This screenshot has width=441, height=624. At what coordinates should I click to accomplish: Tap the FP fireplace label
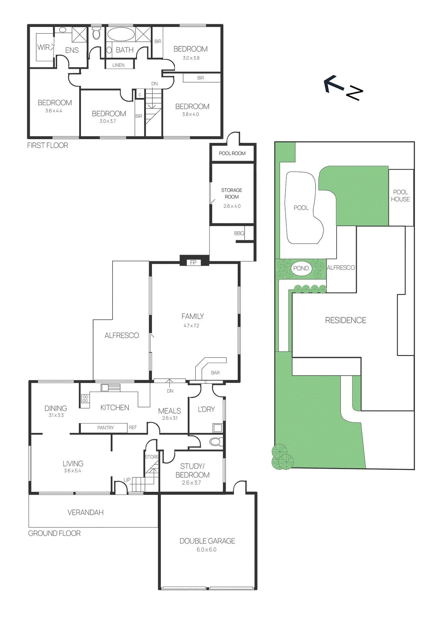point(193,262)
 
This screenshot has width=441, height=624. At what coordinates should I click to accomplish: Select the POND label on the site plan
point(301,268)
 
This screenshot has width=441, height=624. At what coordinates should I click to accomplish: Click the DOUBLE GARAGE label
point(207,541)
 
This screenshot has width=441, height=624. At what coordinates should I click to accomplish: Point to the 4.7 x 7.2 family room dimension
point(191,326)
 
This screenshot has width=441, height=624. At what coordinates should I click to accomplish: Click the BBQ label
point(239,233)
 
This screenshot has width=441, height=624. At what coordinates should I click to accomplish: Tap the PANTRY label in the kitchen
point(106,428)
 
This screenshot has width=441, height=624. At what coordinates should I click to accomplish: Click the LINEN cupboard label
point(118,65)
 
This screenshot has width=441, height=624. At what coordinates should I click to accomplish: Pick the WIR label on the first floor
point(43,47)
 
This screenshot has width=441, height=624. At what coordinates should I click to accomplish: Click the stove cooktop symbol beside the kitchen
point(85,399)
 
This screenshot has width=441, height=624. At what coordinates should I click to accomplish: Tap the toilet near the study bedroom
point(215,442)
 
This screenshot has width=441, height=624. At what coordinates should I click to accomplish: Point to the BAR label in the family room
point(215,373)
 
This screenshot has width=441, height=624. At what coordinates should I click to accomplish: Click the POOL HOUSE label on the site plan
point(400,196)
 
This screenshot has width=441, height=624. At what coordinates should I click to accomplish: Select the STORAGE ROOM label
point(232,193)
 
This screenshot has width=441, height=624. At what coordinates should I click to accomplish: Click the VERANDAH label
point(85,512)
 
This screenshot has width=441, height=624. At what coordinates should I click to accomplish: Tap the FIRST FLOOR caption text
point(48,145)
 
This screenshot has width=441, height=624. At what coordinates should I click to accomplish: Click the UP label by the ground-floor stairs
point(127,480)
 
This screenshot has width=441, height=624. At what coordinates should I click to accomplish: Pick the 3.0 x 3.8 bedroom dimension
point(191,58)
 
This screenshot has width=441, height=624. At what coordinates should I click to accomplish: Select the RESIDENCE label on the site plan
point(346,320)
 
